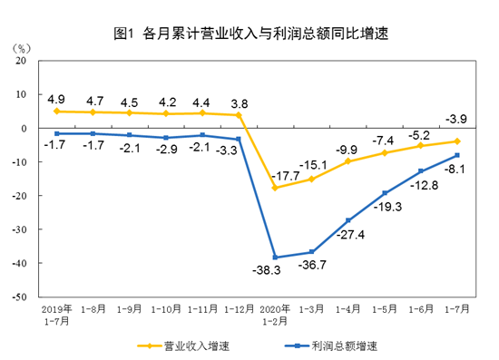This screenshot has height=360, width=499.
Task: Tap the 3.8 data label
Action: coord(240,102)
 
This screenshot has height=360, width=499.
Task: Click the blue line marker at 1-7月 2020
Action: coord(456,155)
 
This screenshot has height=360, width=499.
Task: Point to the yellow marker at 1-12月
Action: coord(240,115)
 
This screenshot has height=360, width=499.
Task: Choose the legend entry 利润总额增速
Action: coord(336,345)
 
